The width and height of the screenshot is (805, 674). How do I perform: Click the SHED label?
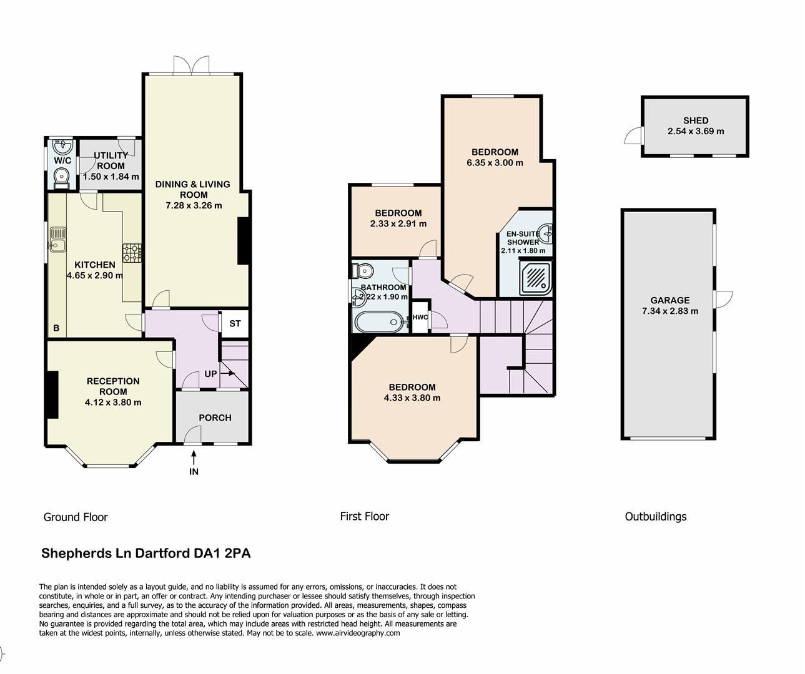(x=695, y=120)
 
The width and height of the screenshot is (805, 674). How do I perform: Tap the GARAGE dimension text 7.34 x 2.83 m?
(x=669, y=311)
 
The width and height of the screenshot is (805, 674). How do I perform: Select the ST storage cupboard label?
(x=235, y=324)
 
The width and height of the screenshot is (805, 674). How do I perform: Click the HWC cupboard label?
(x=420, y=317)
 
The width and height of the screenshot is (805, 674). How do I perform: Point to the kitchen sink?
(x=59, y=239)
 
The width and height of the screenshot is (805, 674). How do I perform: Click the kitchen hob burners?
(x=132, y=252)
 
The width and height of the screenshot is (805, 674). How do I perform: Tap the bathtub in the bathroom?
(x=378, y=323)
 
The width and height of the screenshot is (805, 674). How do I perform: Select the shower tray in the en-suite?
(x=536, y=278)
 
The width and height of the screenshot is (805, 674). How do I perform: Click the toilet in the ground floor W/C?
(x=61, y=178)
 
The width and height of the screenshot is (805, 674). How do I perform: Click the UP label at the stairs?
(x=210, y=374)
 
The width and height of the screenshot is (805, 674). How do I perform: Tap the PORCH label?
(x=215, y=418)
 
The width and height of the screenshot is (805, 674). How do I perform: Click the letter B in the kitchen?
(x=56, y=328)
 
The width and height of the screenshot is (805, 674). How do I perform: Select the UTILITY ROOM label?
(x=111, y=160)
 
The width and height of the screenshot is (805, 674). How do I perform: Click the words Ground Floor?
(x=76, y=517)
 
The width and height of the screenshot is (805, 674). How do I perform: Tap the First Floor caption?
(x=364, y=516)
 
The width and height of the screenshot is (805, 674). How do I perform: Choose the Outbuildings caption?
(x=655, y=516)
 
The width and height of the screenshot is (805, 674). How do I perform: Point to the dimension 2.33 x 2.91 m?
(x=398, y=223)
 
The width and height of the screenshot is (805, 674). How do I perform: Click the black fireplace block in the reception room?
(x=52, y=394)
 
